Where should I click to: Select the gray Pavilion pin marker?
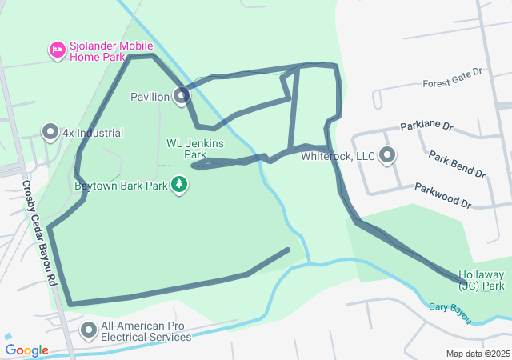182,96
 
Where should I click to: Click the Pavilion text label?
150,98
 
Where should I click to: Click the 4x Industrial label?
94,134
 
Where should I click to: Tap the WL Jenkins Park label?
194,148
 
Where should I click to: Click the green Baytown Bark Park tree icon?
181,186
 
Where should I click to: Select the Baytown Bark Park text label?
120,186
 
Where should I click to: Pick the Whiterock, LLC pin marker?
387,155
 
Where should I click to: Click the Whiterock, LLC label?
338,156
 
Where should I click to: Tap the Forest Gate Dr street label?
454,78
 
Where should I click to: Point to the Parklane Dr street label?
426,126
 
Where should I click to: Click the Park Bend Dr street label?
457,163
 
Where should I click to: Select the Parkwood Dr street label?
442,195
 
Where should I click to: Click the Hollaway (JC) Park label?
482,279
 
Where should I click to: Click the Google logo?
26,350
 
